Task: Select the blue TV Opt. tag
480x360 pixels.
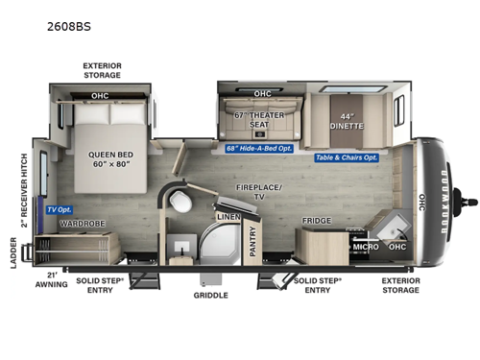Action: (59, 209)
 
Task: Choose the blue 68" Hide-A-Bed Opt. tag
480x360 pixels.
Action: (260, 148)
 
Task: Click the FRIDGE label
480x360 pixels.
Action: (317, 221)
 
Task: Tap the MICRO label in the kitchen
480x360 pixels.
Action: (366, 247)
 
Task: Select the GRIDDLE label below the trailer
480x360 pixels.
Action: (211, 296)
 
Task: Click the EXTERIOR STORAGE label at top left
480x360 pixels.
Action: (101, 71)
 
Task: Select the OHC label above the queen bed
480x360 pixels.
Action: (100, 96)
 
